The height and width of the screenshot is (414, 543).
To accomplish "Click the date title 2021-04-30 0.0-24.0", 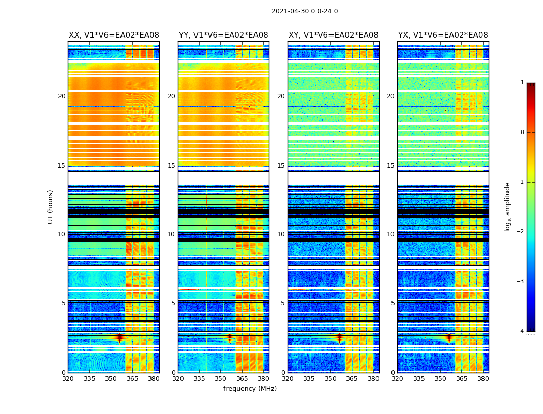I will coord(305,11).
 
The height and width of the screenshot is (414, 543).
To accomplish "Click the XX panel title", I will coord(114,35).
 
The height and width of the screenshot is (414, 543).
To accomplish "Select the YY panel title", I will coord(223,35).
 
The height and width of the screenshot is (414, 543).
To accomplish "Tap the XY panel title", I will coord(333,35).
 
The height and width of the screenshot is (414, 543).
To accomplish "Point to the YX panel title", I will coord(443,35).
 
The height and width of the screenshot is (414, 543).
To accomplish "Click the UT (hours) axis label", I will coord(51,206).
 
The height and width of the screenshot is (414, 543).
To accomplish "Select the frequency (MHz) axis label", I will coord(250,389).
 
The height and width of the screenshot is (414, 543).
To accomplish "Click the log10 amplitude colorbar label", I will coord(507,206).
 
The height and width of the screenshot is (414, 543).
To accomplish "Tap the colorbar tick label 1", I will coord(522,83).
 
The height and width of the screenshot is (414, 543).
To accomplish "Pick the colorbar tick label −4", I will coord(521,331).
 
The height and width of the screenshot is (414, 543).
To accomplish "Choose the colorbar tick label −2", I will coord(521,232).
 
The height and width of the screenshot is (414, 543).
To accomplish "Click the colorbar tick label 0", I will coord(522,132).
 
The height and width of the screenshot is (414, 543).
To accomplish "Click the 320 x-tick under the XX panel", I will coord(68,379).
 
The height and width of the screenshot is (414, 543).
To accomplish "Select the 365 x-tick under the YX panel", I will coord(461,379).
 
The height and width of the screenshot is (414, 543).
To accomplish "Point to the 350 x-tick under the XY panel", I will coord(330,379).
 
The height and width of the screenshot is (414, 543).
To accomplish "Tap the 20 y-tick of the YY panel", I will coord(171,96).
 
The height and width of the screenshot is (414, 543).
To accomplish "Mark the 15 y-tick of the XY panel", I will coord(281,166).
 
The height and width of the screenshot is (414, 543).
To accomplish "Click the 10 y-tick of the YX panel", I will coord(390,234).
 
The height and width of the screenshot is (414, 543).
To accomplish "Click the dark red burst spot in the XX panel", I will coord(120,338).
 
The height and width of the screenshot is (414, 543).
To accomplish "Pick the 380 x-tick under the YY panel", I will coord(263,379).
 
